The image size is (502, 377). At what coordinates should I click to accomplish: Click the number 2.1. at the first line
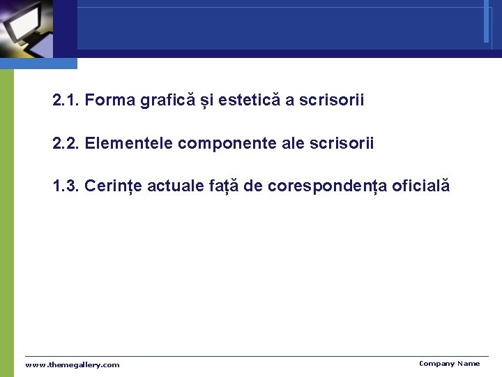[66, 101]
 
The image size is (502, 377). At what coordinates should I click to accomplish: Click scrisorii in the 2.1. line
[331, 101]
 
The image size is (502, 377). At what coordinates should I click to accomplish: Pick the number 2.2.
[66, 144]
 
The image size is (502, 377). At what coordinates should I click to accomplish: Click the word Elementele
[129, 144]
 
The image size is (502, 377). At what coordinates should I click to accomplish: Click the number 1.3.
[66, 186]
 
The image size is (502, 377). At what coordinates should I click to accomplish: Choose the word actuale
[174, 186]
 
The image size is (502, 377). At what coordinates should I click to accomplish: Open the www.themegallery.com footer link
[73, 365]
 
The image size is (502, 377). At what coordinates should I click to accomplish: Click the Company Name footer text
[449, 364]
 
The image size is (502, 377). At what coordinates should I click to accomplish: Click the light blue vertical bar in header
[486, 21]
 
